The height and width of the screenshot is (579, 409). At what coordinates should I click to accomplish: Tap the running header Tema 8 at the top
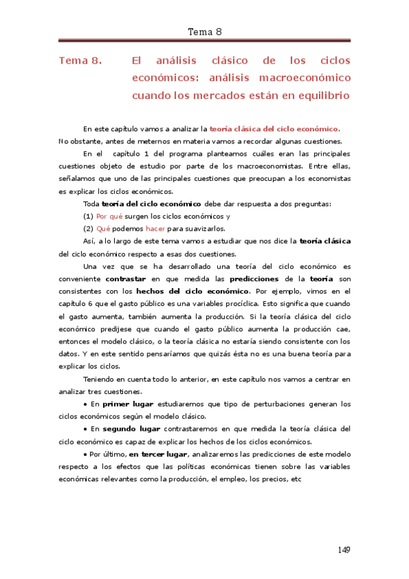(204, 31)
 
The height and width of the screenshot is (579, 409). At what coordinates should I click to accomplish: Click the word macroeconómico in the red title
(307, 78)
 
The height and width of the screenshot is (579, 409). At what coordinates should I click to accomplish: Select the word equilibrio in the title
(323, 96)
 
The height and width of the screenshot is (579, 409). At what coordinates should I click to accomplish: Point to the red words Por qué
(110, 216)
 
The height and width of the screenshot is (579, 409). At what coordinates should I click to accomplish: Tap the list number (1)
(87, 216)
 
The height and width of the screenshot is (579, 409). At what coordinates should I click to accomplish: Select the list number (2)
(87, 229)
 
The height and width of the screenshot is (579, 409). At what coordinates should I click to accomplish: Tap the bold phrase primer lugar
(128, 404)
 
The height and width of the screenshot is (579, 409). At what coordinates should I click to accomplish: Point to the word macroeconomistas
(268, 166)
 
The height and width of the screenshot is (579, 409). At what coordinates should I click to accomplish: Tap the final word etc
(296, 479)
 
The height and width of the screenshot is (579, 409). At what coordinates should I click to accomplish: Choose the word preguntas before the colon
(313, 204)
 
